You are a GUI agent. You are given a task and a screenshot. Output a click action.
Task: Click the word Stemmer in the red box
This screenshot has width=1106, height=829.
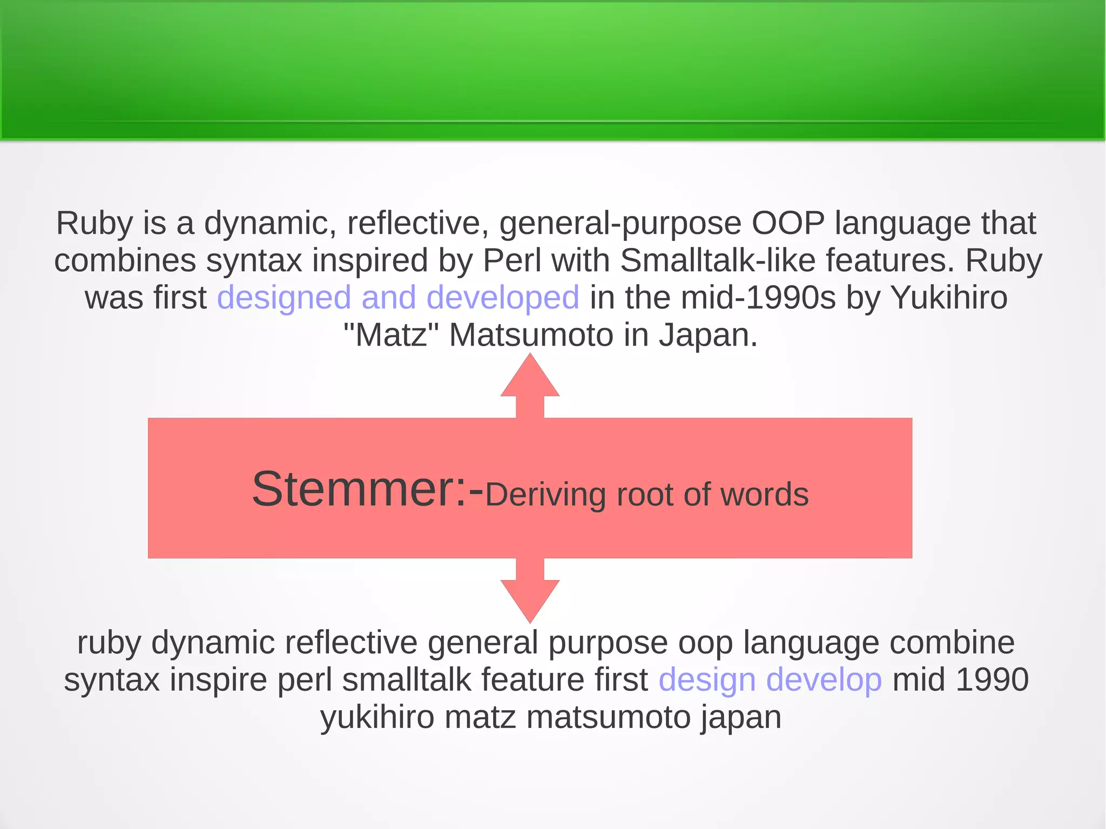click(x=353, y=489)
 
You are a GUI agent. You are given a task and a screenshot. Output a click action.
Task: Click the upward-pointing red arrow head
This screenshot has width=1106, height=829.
click(x=530, y=378)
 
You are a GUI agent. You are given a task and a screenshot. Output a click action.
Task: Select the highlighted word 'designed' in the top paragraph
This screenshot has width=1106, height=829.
click(x=284, y=298)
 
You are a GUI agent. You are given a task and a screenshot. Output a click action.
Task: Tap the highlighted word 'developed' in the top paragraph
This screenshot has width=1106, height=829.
click(x=502, y=298)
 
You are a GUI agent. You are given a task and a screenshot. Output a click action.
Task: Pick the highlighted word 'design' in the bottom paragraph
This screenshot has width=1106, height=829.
click(x=706, y=680)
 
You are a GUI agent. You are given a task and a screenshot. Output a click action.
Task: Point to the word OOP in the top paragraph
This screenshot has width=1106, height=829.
click(x=788, y=223)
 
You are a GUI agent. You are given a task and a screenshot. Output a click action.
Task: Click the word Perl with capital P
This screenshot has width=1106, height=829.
click(x=511, y=260)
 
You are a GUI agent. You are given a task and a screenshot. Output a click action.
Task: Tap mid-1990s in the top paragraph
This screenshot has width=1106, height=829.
click(x=758, y=298)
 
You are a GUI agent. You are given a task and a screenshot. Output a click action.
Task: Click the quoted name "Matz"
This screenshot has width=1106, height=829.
click(x=392, y=335)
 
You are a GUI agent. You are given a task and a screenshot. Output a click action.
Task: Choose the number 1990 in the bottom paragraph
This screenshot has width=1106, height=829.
click(x=992, y=680)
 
